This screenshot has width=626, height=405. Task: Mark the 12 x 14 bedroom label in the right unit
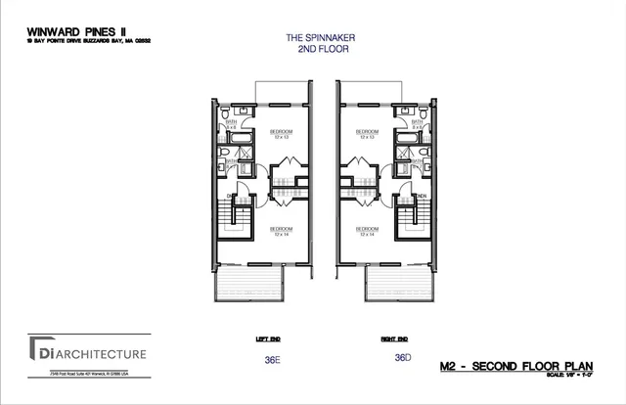coord(368,232)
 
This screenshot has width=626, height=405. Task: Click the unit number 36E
coord(272,359)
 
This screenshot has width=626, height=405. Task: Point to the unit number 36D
coord(401,358)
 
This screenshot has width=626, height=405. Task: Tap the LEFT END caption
coord(268,338)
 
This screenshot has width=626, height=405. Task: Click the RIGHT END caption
coord(394,338)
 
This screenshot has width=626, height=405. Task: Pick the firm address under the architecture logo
coord(88,374)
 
